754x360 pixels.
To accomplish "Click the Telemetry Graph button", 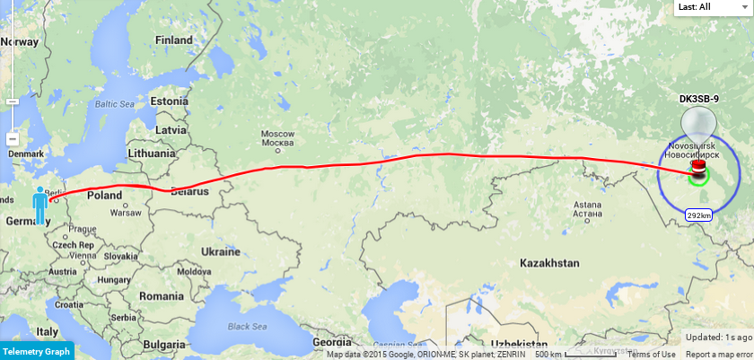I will click(x=37, y=351).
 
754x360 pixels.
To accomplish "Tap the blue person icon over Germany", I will click(x=39, y=206).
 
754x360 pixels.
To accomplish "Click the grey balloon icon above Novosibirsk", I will click(x=697, y=124).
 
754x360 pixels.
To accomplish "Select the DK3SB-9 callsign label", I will click(x=698, y=98).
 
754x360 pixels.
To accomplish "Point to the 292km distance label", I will click(x=698, y=215).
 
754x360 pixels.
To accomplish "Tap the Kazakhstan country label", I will click(x=548, y=263).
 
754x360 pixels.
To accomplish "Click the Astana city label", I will click(x=586, y=209).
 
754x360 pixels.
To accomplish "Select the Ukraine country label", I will click(x=220, y=251).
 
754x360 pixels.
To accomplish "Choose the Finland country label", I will click(x=174, y=40).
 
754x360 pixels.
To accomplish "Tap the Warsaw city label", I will click(x=126, y=214).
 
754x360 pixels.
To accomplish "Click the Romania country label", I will click(x=162, y=295).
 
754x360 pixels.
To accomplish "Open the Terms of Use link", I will click(x=651, y=355).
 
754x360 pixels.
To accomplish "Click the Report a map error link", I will click(x=719, y=355).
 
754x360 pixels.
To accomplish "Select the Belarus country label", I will click(x=188, y=192).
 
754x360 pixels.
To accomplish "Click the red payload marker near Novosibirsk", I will click(x=697, y=168).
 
